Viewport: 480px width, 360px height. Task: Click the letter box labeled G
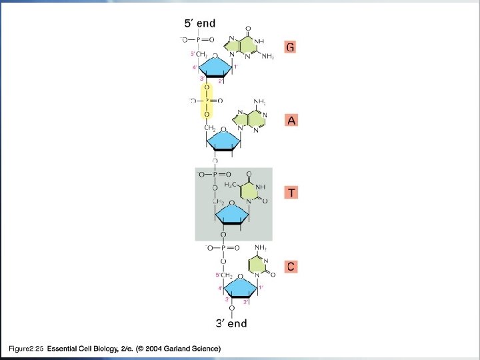point(290,47)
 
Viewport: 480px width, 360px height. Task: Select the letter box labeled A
point(290,121)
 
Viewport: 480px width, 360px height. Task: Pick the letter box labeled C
point(291,266)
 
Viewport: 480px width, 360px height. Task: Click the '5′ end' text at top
point(200,23)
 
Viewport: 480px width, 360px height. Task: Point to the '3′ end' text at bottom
point(231,324)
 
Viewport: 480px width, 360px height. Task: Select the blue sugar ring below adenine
point(229,142)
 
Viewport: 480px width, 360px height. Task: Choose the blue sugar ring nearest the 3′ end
point(240,288)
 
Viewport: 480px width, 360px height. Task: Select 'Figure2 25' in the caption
point(25,349)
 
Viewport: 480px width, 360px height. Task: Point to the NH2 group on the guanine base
point(267,57)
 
